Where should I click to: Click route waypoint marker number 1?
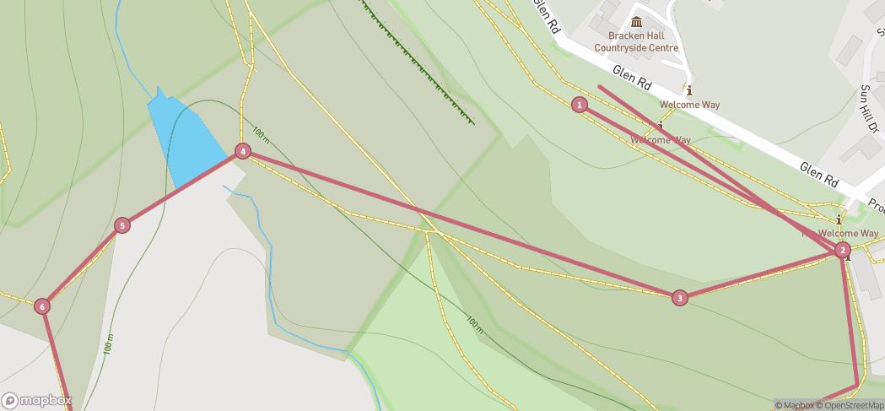580,105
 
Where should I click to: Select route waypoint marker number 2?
842,250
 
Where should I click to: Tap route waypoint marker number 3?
680,298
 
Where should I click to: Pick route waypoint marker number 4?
243,151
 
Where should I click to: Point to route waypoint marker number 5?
122,225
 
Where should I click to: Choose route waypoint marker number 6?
43,306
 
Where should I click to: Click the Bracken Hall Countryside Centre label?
635,42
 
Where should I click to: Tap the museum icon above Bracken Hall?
635,22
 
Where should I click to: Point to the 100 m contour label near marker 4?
260,134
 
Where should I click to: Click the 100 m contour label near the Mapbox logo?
108,343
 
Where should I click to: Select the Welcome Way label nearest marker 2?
848,233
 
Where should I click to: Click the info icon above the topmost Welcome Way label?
690,90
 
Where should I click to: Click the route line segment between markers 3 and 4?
461,224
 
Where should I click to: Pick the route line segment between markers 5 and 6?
83,266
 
